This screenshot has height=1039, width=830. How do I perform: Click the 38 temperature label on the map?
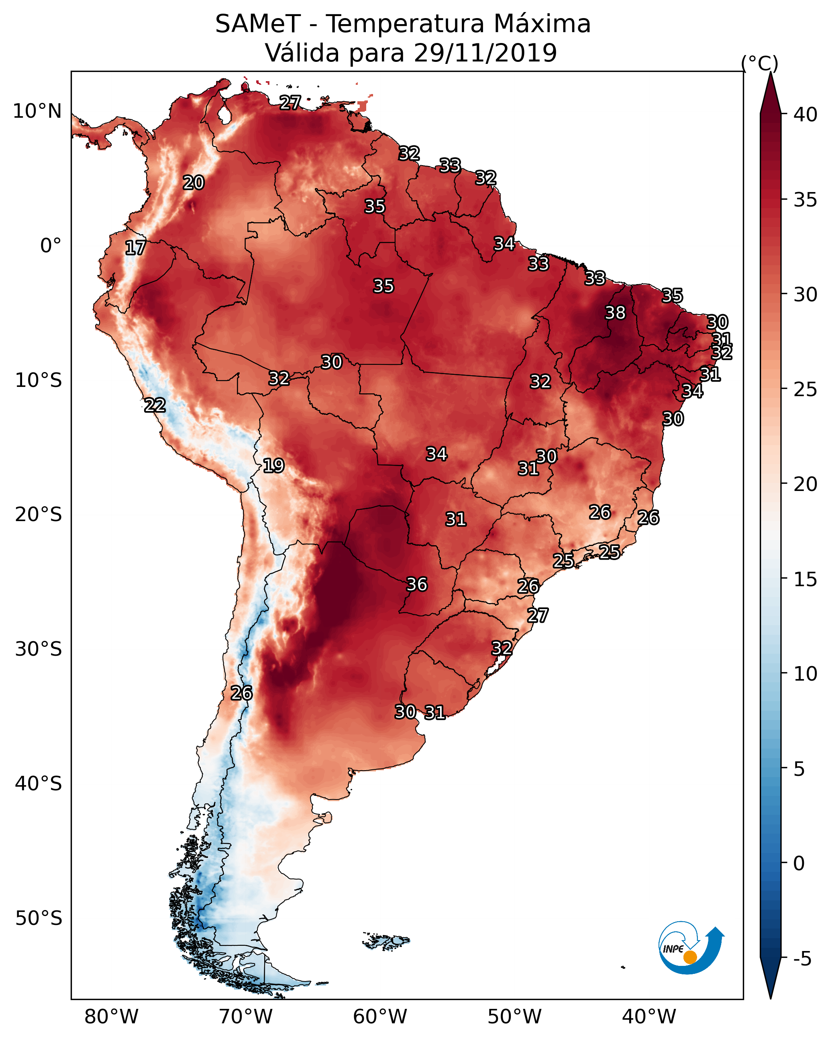pos(615,313)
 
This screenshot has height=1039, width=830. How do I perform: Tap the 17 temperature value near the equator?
pos(135,248)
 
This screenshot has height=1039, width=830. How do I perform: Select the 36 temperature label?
pos(417,584)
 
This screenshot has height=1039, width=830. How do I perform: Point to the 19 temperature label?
pos(273,466)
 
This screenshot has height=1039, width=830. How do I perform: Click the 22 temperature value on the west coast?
pos(155,405)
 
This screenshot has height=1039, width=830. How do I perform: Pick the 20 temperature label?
pos(194,183)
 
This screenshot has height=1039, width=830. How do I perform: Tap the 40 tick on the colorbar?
pos(806,115)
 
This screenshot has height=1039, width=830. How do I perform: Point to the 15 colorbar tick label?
pos(806,580)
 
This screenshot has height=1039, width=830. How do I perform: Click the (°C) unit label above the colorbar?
pos(760,63)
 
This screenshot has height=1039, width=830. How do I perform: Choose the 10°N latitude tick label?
pos(37,111)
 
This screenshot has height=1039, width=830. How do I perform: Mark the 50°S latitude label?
pos(39,918)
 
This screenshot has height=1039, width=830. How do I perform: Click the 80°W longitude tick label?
pos(111,1017)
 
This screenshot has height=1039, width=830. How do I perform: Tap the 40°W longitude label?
pos(649,1017)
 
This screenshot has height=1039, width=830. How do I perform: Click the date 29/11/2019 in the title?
pos(485,53)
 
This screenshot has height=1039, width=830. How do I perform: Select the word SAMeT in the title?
pos(258,24)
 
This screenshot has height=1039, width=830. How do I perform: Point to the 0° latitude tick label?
pos(51,246)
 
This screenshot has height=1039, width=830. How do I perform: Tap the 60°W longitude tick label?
pos(380,1017)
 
